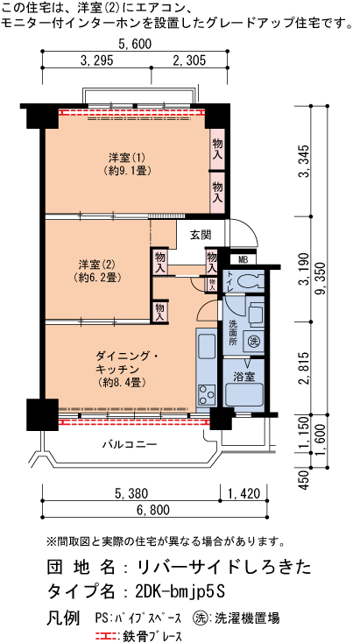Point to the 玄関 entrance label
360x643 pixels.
[200, 235]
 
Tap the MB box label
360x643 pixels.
[243, 259]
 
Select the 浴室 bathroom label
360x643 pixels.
[244, 376]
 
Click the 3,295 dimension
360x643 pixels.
[96, 60]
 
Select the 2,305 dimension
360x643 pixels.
[190, 60]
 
